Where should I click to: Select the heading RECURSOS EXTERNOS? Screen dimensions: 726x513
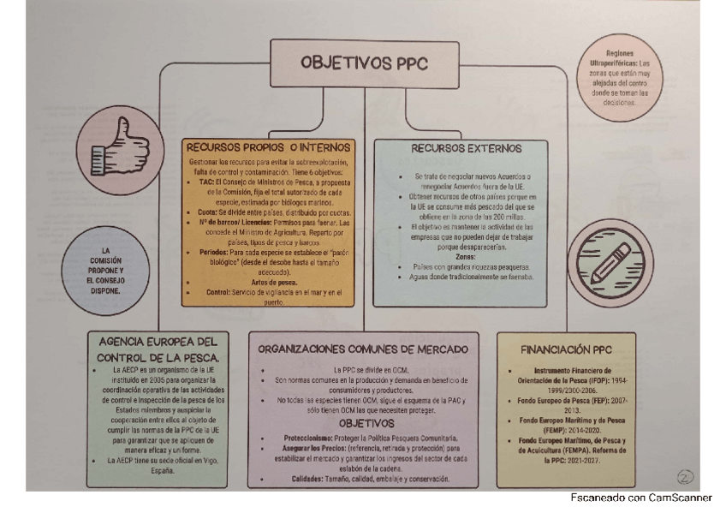click(467, 148)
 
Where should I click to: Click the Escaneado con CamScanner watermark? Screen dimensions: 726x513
click(640, 498)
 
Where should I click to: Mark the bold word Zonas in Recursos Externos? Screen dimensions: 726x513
click(466, 256)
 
